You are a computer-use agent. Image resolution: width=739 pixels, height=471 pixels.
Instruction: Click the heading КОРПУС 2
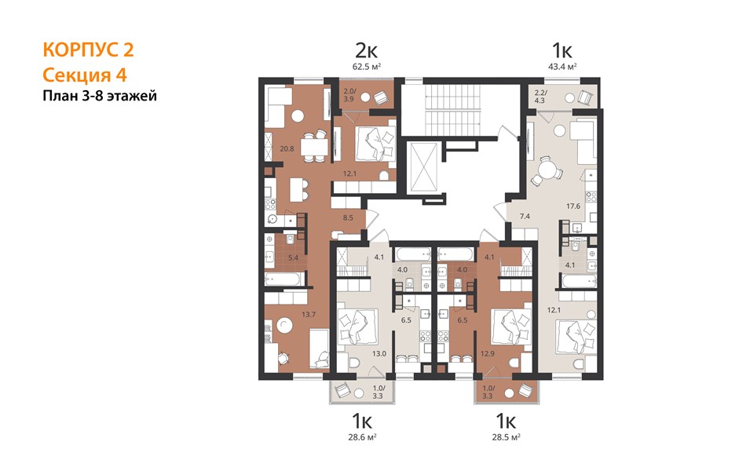[x=88, y=50]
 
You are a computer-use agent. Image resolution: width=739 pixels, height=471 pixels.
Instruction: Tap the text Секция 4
[x=85, y=75]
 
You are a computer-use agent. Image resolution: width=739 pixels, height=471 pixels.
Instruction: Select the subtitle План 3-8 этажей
[x=100, y=96]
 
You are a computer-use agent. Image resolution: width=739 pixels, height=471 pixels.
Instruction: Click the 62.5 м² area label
[x=367, y=67]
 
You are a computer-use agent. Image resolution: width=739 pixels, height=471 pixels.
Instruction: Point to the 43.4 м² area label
[x=563, y=67]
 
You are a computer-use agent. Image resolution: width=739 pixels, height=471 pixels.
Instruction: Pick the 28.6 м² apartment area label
[x=362, y=437]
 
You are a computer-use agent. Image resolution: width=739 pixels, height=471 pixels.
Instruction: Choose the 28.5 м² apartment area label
[x=507, y=437]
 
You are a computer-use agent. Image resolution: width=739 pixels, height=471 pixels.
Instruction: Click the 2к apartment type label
[x=366, y=50]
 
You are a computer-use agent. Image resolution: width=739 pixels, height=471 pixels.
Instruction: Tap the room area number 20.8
[x=287, y=149]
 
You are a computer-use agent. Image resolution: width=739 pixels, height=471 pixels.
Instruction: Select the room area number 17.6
[x=573, y=206]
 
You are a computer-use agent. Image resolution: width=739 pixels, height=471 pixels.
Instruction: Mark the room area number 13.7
[x=308, y=315]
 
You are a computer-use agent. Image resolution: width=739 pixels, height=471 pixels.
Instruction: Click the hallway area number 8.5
[x=348, y=218]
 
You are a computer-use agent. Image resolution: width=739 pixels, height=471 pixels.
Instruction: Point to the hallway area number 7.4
[x=525, y=216]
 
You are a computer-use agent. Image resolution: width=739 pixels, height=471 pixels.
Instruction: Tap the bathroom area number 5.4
[x=293, y=257]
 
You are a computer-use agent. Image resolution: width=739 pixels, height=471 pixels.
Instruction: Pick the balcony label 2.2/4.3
[x=540, y=96]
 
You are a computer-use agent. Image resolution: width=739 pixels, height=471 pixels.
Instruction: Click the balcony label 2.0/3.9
[x=348, y=95]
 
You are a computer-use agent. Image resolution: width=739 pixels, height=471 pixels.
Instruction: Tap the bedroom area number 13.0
[x=379, y=353]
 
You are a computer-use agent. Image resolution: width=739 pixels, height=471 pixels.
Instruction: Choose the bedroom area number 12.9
[x=488, y=353]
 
